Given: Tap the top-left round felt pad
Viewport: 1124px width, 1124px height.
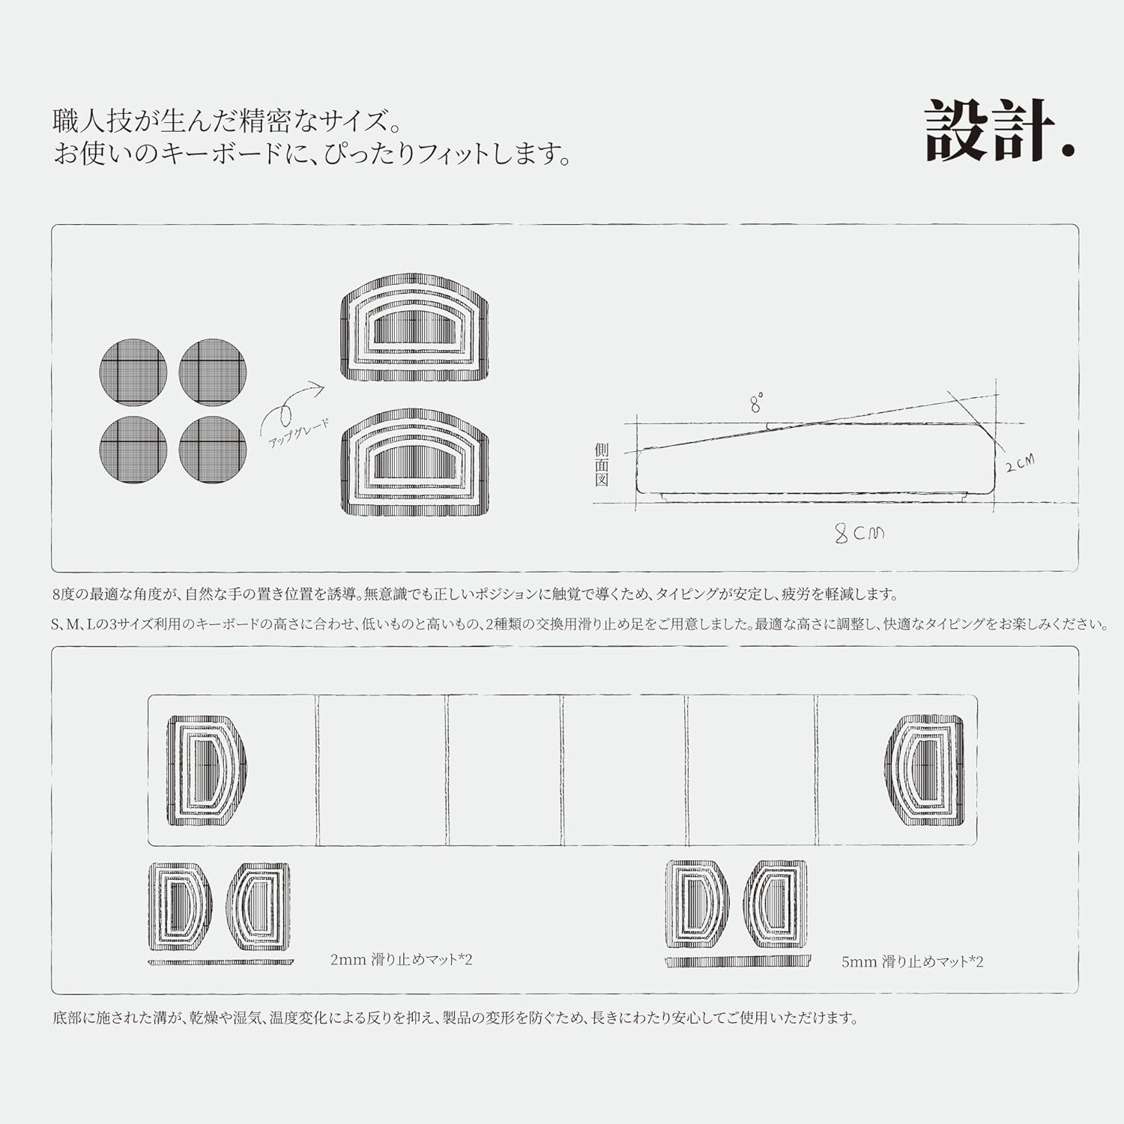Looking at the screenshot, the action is coord(133,372).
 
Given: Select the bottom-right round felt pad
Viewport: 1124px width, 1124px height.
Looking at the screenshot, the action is coord(213,450).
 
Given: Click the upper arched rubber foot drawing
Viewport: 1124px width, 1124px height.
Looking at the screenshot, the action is coord(415,327).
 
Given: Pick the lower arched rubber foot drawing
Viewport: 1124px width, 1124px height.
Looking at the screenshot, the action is coord(415,462).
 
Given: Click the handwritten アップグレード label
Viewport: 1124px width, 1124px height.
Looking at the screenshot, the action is coord(298,434).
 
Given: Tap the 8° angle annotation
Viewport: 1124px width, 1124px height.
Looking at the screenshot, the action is coord(757,403).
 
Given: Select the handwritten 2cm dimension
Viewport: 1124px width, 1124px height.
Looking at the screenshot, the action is coord(1020,463).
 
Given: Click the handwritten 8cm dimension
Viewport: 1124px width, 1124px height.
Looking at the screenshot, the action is coord(859,533).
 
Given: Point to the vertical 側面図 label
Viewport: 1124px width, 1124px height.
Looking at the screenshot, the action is coord(602,465).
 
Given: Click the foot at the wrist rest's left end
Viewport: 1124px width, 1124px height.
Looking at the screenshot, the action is coord(206,770).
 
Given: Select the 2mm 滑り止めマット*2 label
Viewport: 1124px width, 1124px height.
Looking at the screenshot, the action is coord(402,959).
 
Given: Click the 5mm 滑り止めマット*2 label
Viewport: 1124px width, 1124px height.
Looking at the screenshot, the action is coord(912,961).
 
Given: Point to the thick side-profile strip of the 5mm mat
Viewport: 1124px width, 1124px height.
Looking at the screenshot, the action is coord(738,961).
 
